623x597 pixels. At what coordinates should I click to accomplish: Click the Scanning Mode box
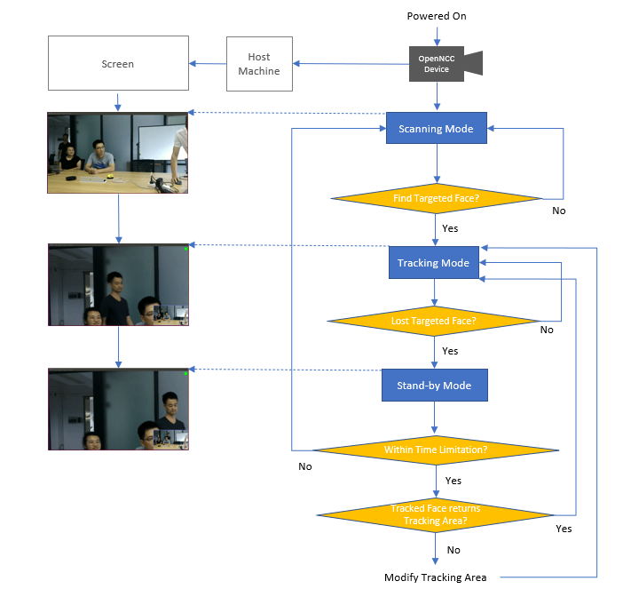pyautogui.click(x=436, y=129)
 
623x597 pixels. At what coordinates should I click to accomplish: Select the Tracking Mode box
pyautogui.click(x=433, y=263)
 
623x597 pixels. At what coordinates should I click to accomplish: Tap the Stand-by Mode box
pyautogui.click(x=434, y=386)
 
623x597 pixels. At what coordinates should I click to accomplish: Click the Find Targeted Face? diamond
pyautogui.click(x=436, y=198)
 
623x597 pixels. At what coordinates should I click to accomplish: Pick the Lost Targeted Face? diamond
pyautogui.click(x=433, y=321)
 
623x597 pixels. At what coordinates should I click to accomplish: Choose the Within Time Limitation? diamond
pyautogui.click(x=435, y=450)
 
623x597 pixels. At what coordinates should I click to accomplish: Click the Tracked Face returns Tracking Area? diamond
pyautogui.click(x=435, y=514)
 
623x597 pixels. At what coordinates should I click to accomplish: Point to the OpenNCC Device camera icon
pyautogui.click(x=444, y=64)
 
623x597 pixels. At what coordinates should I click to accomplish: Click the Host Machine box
pyautogui.click(x=258, y=64)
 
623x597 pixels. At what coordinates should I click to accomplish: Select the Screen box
pyautogui.click(x=117, y=64)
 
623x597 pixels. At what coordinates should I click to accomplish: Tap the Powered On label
pyautogui.click(x=437, y=16)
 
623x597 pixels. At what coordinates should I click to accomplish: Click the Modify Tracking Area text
pyautogui.click(x=435, y=577)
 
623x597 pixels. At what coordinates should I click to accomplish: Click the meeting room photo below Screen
pyautogui.click(x=118, y=153)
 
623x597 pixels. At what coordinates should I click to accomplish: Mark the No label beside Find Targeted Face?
pyautogui.click(x=558, y=211)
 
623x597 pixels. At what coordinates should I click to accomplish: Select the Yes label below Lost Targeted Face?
pyautogui.click(x=450, y=351)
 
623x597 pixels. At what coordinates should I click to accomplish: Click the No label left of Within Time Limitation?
pyautogui.click(x=305, y=466)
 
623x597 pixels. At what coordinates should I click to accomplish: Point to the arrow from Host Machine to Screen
pyautogui.click(x=207, y=64)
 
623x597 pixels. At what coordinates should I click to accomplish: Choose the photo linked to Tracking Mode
pyautogui.click(x=118, y=285)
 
